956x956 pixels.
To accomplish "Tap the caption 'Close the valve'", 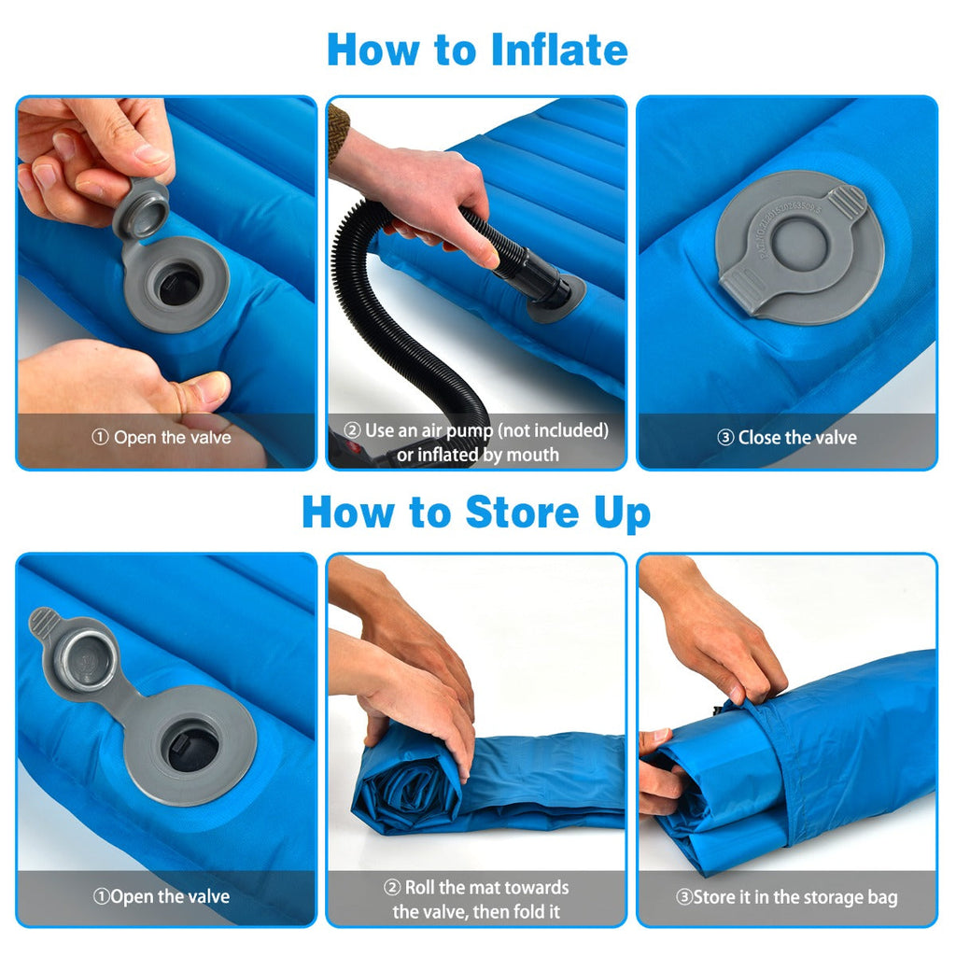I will (796, 437).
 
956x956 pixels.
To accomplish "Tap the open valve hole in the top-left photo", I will (178, 283).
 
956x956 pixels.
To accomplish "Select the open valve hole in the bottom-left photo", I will (192, 746).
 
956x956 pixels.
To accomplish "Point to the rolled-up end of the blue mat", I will (408, 782).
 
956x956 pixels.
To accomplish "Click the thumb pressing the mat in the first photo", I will (201, 389).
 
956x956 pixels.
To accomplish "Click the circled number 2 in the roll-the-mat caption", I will (393, 887).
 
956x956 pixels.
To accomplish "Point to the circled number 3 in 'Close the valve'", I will (725, 437).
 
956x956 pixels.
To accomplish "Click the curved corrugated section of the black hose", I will (373, 308).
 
